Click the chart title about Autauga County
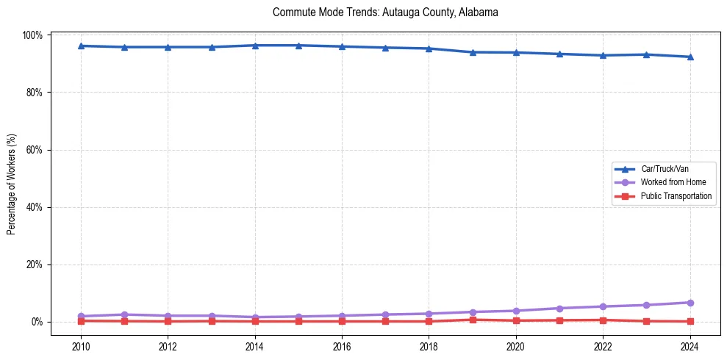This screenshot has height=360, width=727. point(385,12)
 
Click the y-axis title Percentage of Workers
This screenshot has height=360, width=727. point(12,179)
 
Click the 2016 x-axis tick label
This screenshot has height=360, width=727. point(342,347)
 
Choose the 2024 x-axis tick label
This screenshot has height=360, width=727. point(690,347)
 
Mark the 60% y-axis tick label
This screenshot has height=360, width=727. point(35,150)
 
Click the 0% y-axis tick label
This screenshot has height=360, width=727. point(37,322)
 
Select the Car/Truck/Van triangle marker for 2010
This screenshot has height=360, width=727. point(81,46)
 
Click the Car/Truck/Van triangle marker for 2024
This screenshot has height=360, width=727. point(690,57)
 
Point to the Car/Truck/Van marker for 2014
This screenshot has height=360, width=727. point(255,46)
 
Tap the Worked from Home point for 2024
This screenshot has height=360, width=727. point(690,303)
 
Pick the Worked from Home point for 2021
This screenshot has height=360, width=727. point(559,309)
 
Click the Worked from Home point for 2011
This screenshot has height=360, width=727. point(124,314)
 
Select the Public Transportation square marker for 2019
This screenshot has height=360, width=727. point(473,320)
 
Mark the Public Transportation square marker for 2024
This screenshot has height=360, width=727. point(690,321)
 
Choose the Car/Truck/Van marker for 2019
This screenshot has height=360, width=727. point(473,52)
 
